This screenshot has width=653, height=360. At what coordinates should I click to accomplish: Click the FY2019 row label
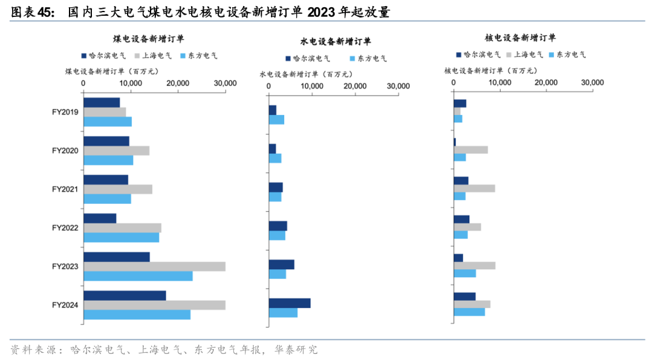point(66,112)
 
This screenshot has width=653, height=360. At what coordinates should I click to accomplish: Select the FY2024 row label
point(66,305)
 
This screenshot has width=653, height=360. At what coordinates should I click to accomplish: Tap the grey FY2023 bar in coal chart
point(154,267)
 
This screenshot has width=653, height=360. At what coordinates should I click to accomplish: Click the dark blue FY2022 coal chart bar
point(100,218)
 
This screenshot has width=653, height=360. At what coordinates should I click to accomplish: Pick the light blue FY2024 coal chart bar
point(137,315)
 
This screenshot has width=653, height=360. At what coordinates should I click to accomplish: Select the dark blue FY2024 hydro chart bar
point(290,303)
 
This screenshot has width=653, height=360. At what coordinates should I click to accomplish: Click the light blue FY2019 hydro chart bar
point(276,120)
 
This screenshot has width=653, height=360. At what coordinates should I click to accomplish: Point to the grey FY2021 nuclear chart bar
point(474,188)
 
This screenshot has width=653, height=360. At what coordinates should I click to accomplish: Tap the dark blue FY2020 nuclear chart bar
point(455,142)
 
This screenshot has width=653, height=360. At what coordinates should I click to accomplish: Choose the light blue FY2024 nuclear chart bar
point(469,312)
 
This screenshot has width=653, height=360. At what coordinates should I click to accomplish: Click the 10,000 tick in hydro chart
point(311,87)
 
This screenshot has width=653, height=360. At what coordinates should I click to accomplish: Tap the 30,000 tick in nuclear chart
point(592,82)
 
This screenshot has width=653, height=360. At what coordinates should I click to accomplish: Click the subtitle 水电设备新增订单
point(336,42)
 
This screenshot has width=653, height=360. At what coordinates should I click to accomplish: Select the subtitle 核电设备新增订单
point(521,38)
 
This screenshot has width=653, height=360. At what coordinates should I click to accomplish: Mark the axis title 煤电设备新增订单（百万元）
point(112,71)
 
